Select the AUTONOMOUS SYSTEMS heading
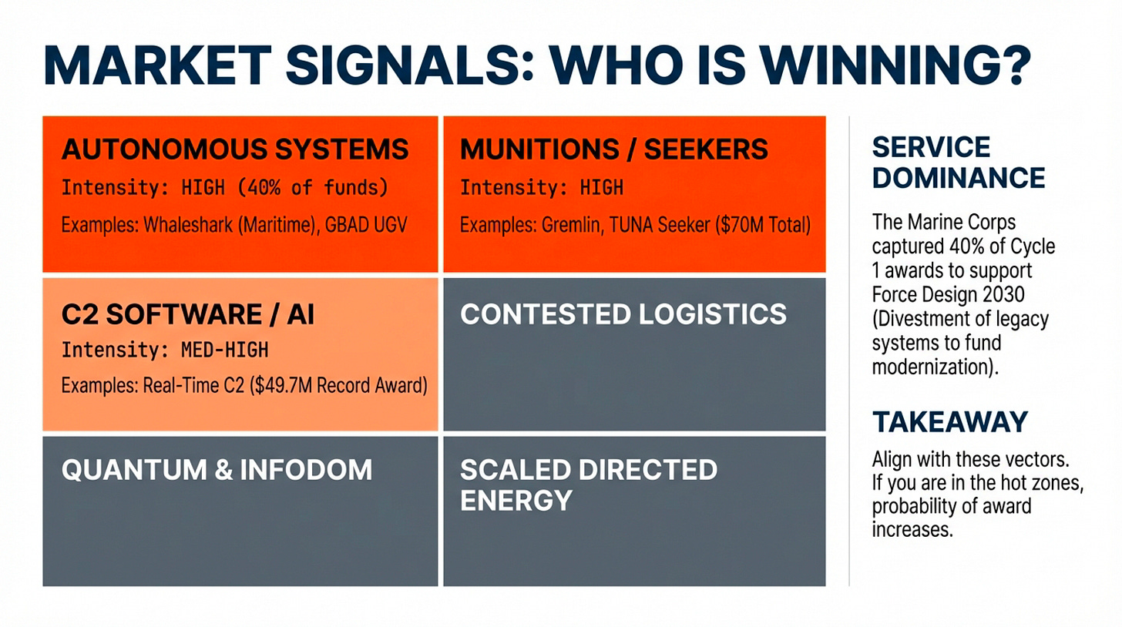235,149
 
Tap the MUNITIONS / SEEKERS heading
613,149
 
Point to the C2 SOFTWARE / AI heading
188,315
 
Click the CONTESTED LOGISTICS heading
623,313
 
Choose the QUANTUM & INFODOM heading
217,469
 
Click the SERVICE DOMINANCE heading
959,163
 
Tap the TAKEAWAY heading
950,421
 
